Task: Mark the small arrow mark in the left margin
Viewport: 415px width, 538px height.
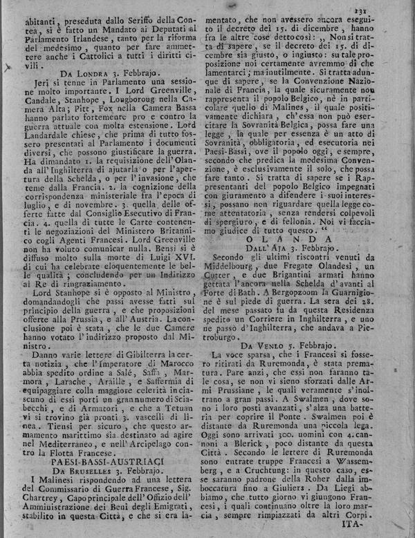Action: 6,67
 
